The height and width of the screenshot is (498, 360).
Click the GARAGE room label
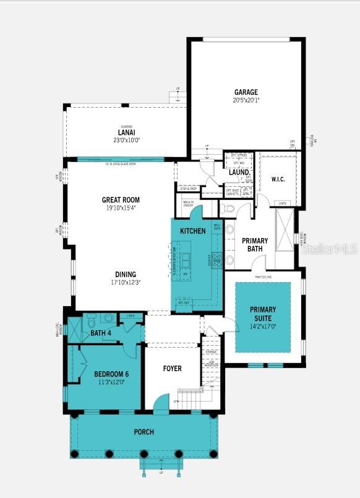246,92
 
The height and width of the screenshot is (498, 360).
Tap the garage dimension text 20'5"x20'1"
246,100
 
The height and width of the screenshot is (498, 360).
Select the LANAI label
126,132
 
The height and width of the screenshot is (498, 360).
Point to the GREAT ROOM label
121,200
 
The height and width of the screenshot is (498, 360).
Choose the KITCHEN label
192,231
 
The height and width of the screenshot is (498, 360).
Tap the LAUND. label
238,172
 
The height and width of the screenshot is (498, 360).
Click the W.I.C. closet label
278,179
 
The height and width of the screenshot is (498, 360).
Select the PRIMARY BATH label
254,244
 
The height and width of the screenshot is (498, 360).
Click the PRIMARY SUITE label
263,313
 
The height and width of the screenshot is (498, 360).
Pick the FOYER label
172,369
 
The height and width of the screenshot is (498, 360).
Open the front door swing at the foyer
160,403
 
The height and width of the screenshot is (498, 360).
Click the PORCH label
144,432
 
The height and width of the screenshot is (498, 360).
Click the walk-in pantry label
189,204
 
